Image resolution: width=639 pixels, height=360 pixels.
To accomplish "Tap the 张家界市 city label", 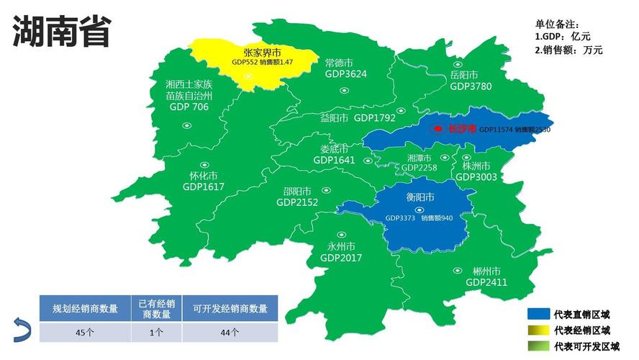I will [x=262, y=53].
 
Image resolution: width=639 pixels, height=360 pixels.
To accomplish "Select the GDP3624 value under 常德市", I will [x=345, y=74].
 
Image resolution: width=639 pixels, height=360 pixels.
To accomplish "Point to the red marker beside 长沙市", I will [x=437, y=129].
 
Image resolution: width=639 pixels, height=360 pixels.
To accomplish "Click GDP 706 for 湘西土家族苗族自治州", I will [x=189, y=107].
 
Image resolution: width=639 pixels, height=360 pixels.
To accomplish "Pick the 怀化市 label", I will [x=204, y=176].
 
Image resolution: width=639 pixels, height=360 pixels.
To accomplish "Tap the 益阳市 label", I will [x=334, y=117].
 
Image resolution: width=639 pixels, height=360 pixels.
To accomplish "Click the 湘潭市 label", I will [x=419, y=158].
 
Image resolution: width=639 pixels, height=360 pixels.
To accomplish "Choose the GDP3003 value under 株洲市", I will [x=476, y=176].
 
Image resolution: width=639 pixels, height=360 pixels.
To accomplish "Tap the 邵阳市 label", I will [x=296, y=192].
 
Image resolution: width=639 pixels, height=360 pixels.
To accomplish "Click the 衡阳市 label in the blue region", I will [x=420, y=197].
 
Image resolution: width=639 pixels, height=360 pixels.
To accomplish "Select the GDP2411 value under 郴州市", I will [x=486, y=282].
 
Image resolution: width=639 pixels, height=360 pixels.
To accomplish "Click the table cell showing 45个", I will [x=84, y=332].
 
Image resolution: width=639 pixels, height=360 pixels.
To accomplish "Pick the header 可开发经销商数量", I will [x=230, y=308].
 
